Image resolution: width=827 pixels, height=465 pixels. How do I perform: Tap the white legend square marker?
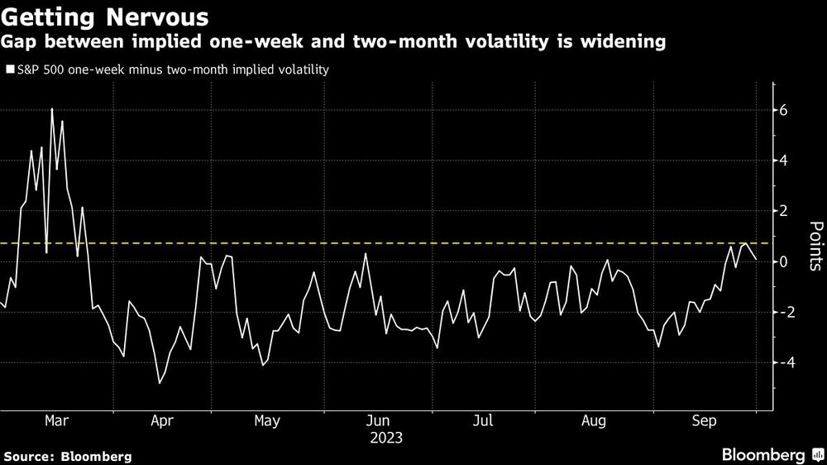click(10, 70)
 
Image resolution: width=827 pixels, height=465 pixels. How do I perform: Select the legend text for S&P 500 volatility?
click(173, 70)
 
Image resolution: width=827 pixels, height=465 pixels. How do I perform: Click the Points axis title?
click(814, 246)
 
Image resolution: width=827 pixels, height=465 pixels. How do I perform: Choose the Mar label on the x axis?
click(56, 422)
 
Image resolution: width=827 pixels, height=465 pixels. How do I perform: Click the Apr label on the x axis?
click(161, 422)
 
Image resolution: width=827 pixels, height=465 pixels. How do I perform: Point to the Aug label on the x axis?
click(594, 422)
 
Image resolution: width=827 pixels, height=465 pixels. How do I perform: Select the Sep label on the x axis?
click(702, 422)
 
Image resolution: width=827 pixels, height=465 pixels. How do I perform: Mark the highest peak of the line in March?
click(51, 109)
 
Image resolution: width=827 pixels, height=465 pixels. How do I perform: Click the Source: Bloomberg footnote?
click(67, 456)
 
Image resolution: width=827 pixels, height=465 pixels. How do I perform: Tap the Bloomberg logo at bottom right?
click(765, 455)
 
